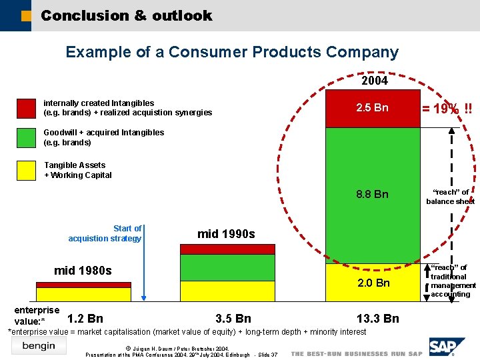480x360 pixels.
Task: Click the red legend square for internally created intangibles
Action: (27, 108)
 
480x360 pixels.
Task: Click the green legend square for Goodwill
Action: (27, 137)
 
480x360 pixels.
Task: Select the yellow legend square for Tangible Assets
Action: (27, 170)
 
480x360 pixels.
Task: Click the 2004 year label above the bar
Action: (374, 80)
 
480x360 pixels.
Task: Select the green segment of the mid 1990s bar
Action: (227, 267)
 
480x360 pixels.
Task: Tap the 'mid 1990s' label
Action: (226, 234)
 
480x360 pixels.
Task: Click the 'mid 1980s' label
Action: (83, 271)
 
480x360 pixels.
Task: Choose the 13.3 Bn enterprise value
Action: (377, 318)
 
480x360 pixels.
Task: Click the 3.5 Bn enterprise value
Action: (233, 318)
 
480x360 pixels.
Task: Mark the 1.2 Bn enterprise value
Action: (85, 318)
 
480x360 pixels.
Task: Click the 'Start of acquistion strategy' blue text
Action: (105, 233)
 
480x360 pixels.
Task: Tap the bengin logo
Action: (39, 345)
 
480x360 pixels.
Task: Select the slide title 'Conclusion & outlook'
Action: (126, 15)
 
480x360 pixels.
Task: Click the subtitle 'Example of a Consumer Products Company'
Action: (232, 52)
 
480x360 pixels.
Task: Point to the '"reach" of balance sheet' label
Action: (450, 197)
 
